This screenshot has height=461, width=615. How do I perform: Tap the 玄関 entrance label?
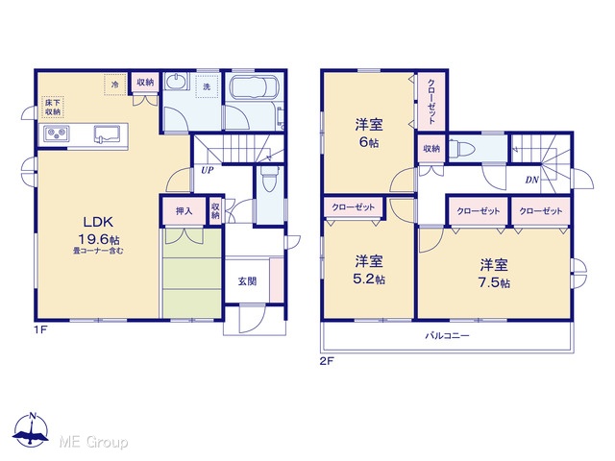coord(248,281)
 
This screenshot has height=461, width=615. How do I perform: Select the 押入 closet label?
coord(184,211)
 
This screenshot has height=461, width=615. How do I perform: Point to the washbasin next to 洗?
coord(177,83)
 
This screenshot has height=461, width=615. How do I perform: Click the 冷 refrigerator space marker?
coord(115,84)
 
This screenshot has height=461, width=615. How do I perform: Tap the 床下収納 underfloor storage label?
coord(53,107)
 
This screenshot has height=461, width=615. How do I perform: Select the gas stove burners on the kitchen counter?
coord(57,134)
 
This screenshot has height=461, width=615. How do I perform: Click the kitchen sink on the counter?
coord(107,133)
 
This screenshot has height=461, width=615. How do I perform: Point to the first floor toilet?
coord(269,179)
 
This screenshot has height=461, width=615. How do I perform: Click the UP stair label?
coord(208,170)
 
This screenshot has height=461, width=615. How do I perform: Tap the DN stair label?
coord(531,180)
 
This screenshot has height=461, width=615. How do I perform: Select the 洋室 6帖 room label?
coord(369,133)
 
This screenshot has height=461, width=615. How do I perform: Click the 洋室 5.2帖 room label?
coord(369,270)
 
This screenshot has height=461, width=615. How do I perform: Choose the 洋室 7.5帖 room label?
coord(494,274)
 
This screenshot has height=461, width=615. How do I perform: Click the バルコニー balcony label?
coord(448,335)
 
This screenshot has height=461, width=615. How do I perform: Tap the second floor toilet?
coord(462,149)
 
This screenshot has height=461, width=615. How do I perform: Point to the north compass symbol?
coord(31,430)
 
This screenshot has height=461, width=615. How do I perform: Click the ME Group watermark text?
coord(93,443)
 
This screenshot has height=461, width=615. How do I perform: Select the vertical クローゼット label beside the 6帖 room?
coord(431,102)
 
